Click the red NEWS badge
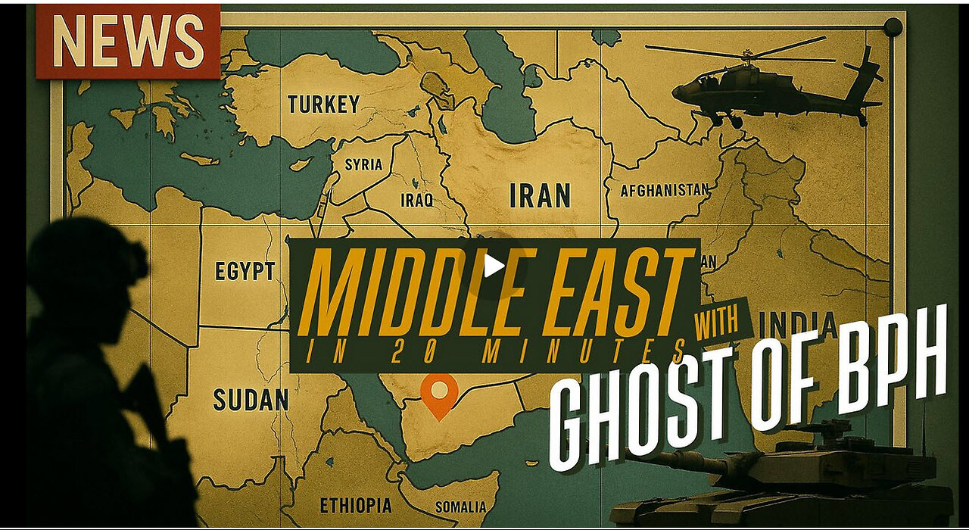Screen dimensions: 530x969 click(127, 41)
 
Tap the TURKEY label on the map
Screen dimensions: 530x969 click(323, 104)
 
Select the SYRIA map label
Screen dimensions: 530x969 click(363, 164)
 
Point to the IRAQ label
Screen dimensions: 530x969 click(417, 200)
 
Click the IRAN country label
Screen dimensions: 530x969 click(540, 195)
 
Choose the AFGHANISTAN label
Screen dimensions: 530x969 click(665, 190)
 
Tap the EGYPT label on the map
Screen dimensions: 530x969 click(245, 271)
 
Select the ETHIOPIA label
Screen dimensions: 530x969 click(356, 505)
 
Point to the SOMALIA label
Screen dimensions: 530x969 click(460, 507)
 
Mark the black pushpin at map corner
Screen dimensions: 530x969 click(893, 26)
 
